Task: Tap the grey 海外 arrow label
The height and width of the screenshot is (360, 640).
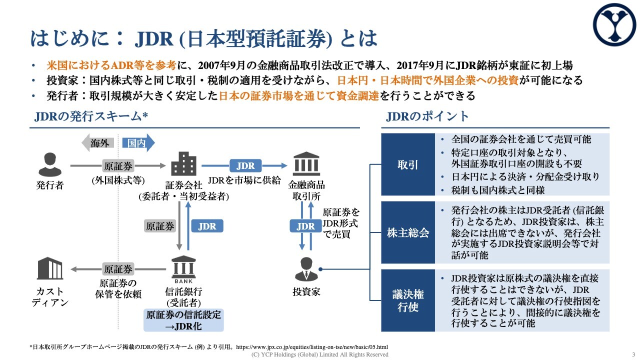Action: coord(98,143)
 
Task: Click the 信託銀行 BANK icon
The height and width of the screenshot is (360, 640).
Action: coord(183,270)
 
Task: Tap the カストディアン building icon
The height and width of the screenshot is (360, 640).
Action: coord(49,268)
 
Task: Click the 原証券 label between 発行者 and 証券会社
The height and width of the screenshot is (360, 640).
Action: coord(118,165)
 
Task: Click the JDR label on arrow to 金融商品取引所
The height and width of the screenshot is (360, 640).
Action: coord(245,165)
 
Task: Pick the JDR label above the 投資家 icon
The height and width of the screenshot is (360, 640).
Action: coord(305,226)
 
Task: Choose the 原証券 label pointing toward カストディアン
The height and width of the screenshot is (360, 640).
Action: coord(118,269)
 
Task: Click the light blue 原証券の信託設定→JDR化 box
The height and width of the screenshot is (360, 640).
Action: coord(183,320)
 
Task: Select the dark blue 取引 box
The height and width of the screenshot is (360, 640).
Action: coord(408,164)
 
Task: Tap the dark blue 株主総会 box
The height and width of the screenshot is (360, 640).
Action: coord(408,232)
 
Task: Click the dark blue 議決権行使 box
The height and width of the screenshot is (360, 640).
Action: coord(408,300)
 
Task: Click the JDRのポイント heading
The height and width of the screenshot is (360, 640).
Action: coord(427,116)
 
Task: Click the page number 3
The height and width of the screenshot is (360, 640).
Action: coord(633,354)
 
